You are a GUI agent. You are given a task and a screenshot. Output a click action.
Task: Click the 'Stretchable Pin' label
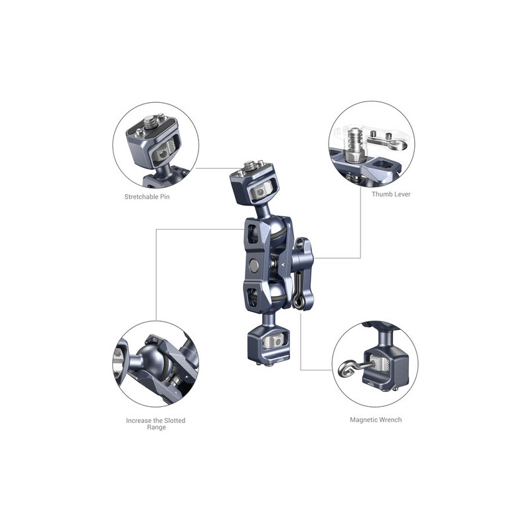[x=147, y=196]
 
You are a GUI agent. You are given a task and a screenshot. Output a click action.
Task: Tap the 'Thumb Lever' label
[x=391, y=194]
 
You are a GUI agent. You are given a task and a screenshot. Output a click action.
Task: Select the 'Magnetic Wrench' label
[x=376, y=419]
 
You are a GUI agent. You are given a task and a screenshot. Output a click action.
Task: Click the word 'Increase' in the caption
[x=139, y=420]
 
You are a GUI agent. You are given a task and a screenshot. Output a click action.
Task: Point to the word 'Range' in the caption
[x=156, y=427]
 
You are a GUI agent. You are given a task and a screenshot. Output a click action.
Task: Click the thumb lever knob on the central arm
[x=303, y=258]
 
